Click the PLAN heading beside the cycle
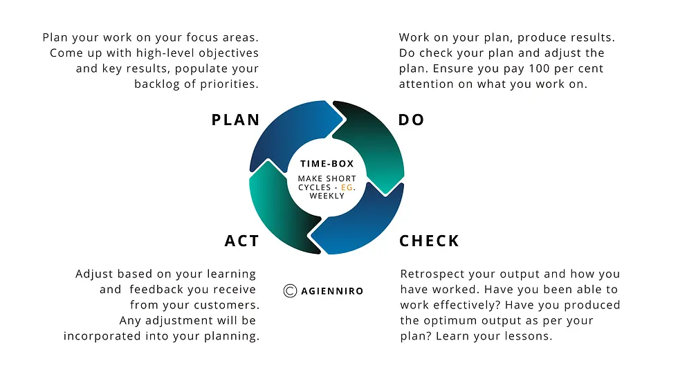click(x=236, y=120)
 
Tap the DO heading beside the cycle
click(x=411, y=120)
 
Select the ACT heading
click(x=241, y=241)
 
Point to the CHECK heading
click(x=429, y=241)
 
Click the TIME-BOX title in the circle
click(x=327, y=164)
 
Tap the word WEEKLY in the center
click(x=327, y=196)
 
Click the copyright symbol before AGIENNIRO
click(x=290, y=290)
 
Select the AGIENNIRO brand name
click(x=332, y=291)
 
